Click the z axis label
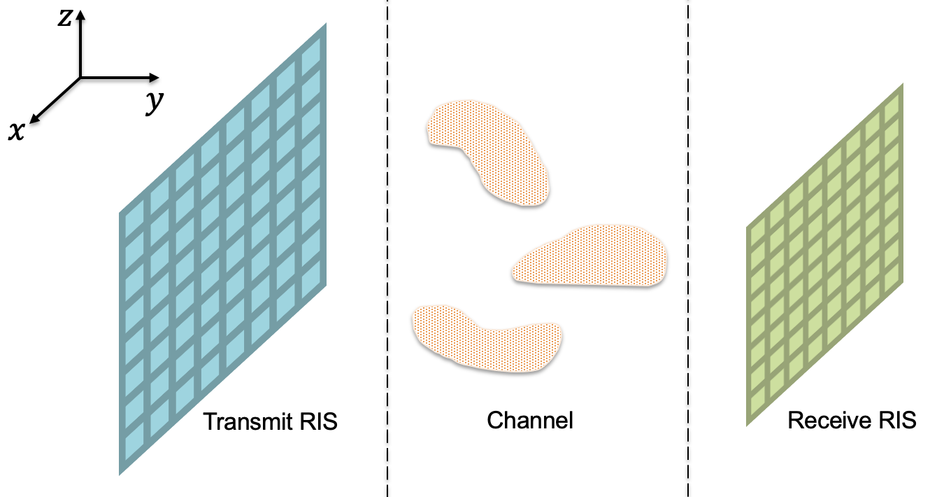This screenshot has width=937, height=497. [x=65, y=17]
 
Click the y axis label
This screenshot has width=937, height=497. [x=153, y=104]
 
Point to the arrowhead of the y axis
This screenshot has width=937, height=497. [x=157, y=77]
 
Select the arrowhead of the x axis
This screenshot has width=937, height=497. [x=34, y=120]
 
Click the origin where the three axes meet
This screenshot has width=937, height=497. [x=80, y=77]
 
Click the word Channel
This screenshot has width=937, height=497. [x=530, y=421]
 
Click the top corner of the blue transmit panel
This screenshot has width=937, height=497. [x=326, y=24]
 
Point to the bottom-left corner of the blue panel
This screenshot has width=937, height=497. [x=120, y=475]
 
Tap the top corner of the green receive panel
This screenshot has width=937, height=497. [x=902, y=83]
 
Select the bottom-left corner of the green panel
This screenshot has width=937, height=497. [x=747, y=424]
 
